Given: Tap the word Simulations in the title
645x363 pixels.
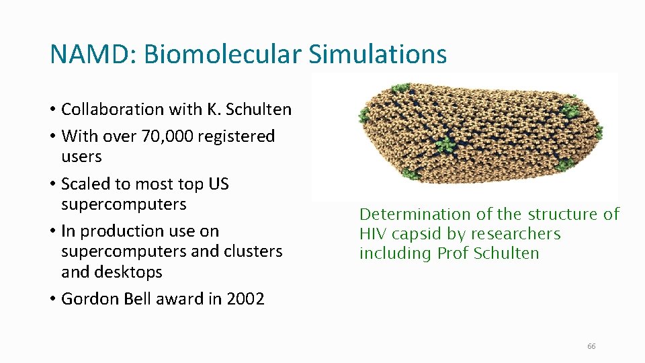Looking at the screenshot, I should click(378, 54).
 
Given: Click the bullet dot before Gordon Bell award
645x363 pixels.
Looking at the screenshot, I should click(52, 299).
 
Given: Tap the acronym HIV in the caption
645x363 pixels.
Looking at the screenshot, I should click(371, 234).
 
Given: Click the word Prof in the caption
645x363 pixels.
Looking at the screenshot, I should click(452, 253).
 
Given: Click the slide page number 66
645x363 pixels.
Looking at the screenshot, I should click(591, 346).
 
